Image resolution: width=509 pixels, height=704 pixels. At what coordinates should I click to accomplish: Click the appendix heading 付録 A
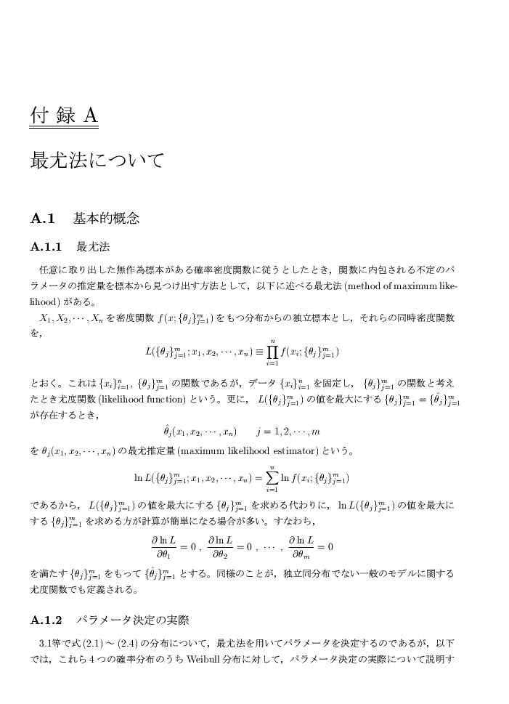[x=63, y=116]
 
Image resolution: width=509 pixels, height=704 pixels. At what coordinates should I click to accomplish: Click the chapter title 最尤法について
[x=97, y=160]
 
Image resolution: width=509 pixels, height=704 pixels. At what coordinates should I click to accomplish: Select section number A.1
[x=43, y=217]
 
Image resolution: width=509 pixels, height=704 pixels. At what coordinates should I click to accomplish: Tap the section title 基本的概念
[x=106, y=217]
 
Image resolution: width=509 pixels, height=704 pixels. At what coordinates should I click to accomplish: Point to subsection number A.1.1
[x=47, y=246]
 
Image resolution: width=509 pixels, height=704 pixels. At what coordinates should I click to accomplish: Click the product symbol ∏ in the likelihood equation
[x=272, y=352]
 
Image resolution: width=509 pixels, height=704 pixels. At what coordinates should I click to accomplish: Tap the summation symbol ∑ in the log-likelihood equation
[x=272, y=477]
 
